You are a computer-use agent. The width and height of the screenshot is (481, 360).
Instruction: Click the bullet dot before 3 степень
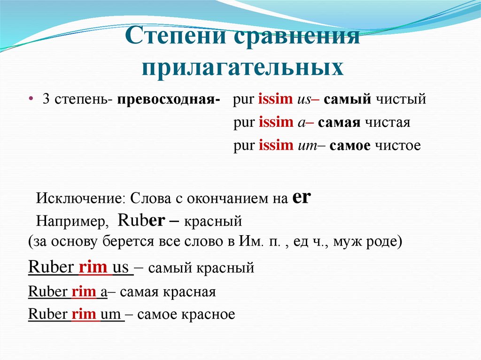(31, 100)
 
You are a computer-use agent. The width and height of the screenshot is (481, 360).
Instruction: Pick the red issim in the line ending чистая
(276, 123)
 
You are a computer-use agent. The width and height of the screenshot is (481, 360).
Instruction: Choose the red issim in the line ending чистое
(276, 146)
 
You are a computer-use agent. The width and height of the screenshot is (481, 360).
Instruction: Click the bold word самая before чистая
(339, 123)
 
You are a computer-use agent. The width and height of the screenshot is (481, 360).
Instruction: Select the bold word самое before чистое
(351, 146)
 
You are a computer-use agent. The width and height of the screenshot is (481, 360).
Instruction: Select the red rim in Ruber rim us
(93, 268)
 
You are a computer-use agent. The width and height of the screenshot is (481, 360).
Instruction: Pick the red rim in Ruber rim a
(84, 291)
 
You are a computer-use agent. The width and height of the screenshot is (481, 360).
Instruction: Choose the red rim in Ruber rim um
(84, 314)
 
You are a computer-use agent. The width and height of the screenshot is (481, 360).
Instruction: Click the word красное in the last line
(210, 314)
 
